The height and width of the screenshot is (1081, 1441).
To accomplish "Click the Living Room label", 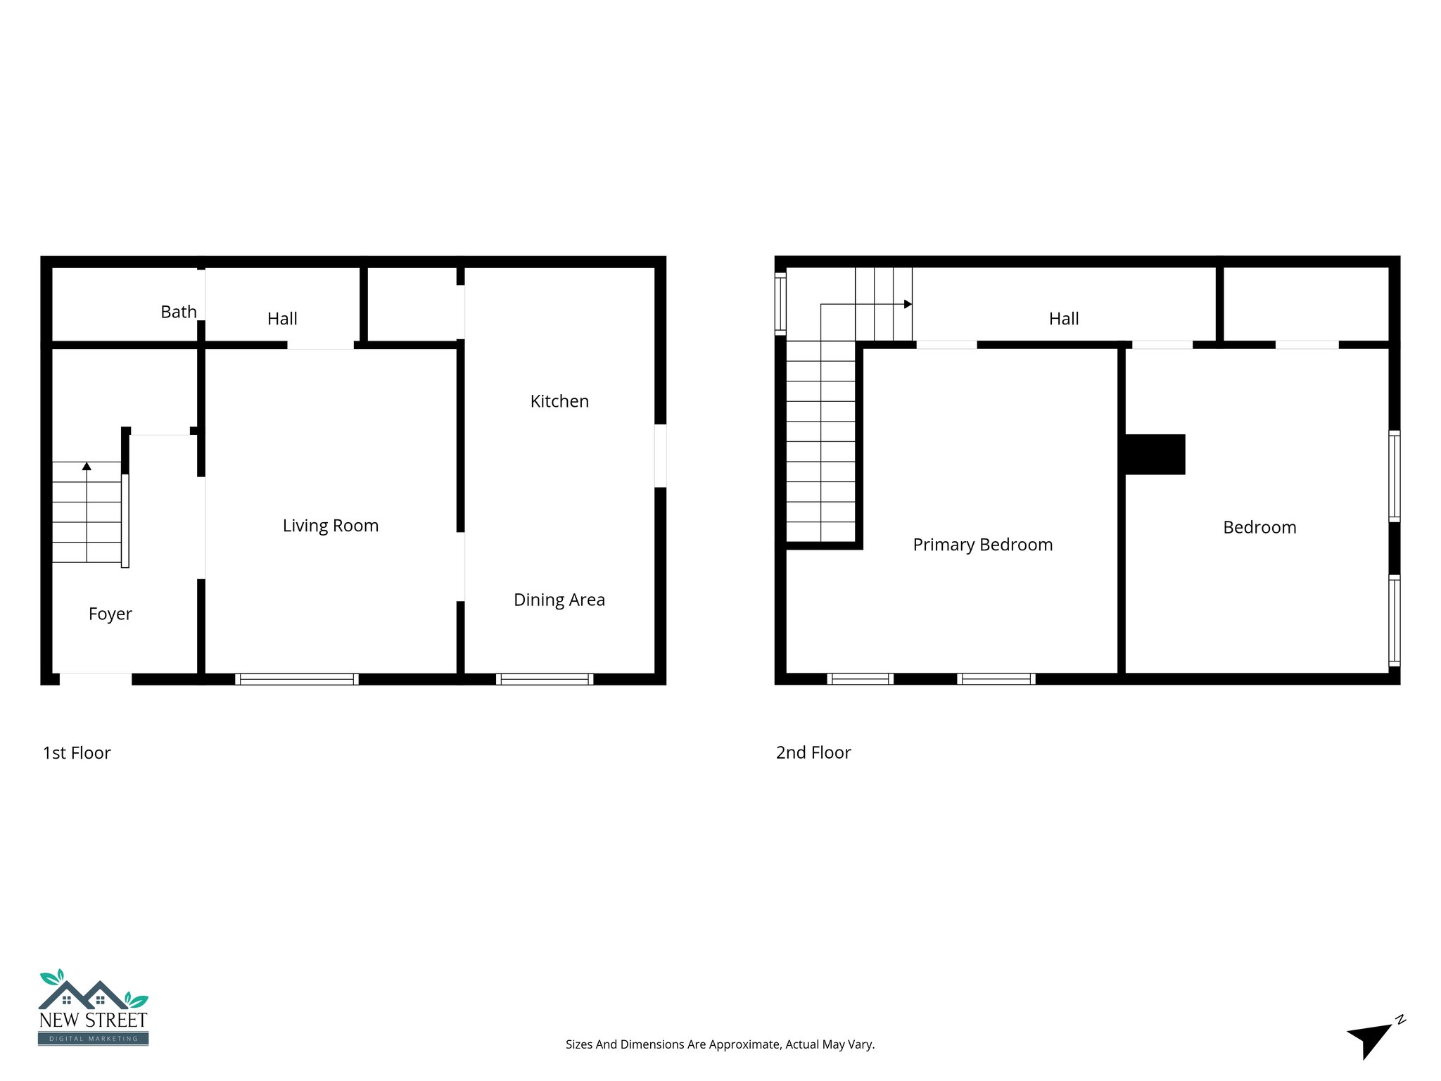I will click(331, 526).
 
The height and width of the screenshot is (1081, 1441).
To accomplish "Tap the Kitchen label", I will click(559, 401).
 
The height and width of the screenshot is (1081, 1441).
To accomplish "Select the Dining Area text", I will click(559, 600).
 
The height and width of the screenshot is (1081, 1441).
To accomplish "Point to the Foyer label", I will click(110, 614).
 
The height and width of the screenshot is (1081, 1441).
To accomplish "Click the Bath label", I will click(179, 312).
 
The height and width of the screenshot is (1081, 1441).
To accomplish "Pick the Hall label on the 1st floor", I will click(282, 319).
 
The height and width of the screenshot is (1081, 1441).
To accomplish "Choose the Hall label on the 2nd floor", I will click(1064, 319).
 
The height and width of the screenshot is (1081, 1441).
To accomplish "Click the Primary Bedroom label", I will click(983, 545).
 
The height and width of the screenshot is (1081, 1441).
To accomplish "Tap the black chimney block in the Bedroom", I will click(1155, 455).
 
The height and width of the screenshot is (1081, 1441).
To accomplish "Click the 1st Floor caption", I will click(77, 753).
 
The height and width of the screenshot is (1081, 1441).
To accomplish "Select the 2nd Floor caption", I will click(813, 753).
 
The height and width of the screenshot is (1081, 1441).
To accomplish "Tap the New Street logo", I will click(93, 1008).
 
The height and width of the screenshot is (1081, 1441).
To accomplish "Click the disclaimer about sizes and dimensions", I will click(720, 1044).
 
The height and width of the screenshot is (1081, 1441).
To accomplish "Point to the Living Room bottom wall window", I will click(297, 679).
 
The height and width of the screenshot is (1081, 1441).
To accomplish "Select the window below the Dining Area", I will click(545, 679).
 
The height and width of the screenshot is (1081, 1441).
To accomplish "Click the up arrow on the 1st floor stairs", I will click(87, 466).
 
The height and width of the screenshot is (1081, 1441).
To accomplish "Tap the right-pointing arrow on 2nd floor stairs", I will click(908, 304).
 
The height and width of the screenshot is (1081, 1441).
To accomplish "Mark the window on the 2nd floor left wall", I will click(780, 303).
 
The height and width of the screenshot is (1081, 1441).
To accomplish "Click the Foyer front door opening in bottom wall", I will click(96, 679).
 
